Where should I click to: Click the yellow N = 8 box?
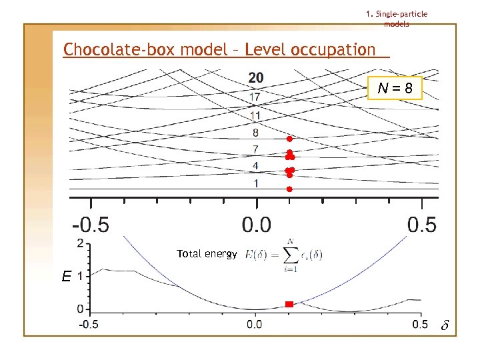(x=395, y=87)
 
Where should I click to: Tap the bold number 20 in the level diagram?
(x=256, y=78)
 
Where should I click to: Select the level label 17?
(x=255, y=97)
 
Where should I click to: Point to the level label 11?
(x=255, y=115)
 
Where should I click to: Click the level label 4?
(x=255, y=165)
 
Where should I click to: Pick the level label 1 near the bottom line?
(x=255, y=183)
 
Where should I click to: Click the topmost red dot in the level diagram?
(x=289, y=139)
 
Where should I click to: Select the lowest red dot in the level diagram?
(x=289, y=189)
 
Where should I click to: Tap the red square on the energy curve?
(x=289, y=304)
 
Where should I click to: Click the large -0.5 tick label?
(x=91, y=225)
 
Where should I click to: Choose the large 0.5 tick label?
(x=421, y=225)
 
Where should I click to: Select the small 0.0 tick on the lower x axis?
(x=255, y=325)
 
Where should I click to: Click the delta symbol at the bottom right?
(x=445, y=327)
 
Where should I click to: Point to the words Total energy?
(x=207, y=254)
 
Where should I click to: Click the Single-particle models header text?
(x=397, y=19)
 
